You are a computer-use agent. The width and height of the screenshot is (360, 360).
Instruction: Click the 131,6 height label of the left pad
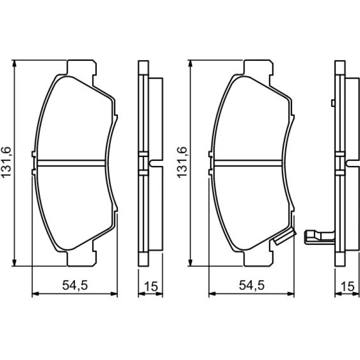pyautogui.click(x=6, y=161)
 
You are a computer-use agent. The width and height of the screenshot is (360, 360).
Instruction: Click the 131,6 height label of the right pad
pyautogui.click(x=182, y=161)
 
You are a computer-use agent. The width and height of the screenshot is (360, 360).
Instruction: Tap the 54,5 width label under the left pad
pyautogui.click(x=75, y=285)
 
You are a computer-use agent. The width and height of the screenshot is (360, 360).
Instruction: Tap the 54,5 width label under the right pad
pyautogui.click(x=252, y=285)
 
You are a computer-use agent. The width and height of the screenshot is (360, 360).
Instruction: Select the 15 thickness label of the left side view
pyautogui.click(x=151, y=286)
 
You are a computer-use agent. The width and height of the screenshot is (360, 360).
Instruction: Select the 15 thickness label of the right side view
pyautogui.click(x=348, y=286)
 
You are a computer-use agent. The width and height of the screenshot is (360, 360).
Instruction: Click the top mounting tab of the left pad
pyautogui.click(x=81, y=67)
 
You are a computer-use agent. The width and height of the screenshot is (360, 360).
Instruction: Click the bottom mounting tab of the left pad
pyautogui.click(x=81, y=259)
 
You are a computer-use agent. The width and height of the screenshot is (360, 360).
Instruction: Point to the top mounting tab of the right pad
pyautogui.click(x=258, y=67)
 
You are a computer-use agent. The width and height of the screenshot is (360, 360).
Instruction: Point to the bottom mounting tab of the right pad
pyautogui.click(x=258, y=259)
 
